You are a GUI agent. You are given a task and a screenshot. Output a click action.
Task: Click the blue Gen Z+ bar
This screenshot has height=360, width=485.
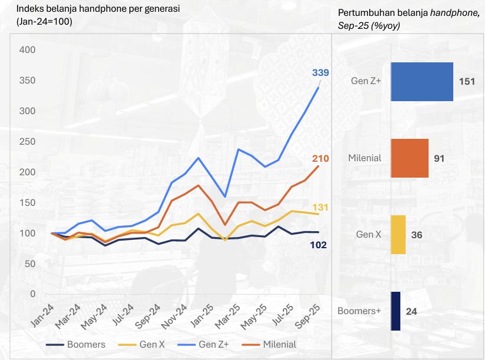click(x=422, y=82)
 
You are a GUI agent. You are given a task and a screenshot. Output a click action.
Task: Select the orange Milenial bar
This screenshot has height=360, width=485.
click(x=409, y=158)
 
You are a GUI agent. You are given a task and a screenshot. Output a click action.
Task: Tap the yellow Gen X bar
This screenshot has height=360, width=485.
click(x=398, y=235)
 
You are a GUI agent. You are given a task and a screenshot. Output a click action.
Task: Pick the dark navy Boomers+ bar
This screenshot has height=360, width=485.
click(x=395, y=311)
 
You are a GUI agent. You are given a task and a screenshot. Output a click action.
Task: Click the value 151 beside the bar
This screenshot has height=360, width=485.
click(x=467, y=82)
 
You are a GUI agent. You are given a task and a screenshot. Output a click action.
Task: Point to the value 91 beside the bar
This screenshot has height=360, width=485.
click(x=439, y=158)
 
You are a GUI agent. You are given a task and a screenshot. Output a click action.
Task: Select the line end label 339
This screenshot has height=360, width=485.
click(x=320, y=72)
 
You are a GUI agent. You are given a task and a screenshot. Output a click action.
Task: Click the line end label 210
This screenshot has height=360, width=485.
click(x=320, y=158)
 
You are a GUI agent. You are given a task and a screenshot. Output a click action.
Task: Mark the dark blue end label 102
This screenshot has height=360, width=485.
click(x=318, y=245)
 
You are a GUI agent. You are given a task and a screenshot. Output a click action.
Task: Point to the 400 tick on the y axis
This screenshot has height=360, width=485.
click(x=27, y=50)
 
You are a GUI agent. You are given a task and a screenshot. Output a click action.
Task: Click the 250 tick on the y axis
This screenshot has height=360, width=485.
click(x=27, y=141)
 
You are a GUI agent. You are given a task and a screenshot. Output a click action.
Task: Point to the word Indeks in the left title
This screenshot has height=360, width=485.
click(x=29, y=9)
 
